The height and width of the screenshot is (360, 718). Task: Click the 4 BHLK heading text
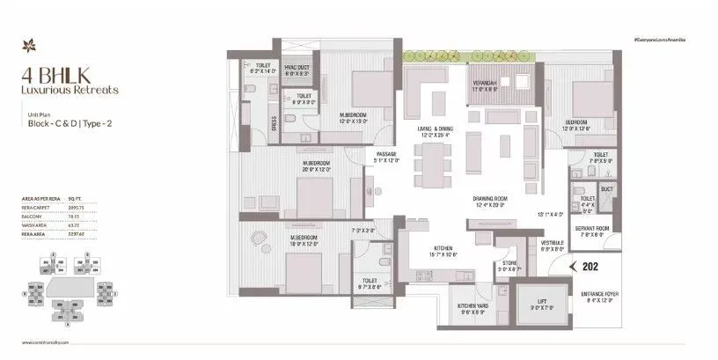coord(41,76)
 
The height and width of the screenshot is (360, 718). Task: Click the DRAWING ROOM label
coord(491,199)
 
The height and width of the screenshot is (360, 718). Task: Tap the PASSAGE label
coord(385,155)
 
